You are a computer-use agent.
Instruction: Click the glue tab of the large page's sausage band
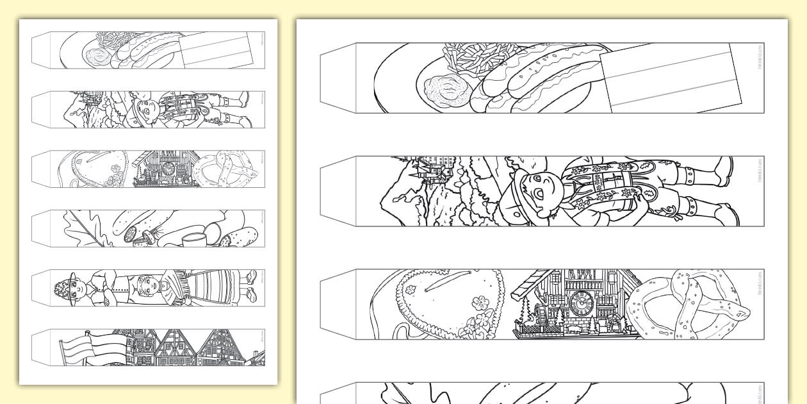[x=338, y=78]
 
